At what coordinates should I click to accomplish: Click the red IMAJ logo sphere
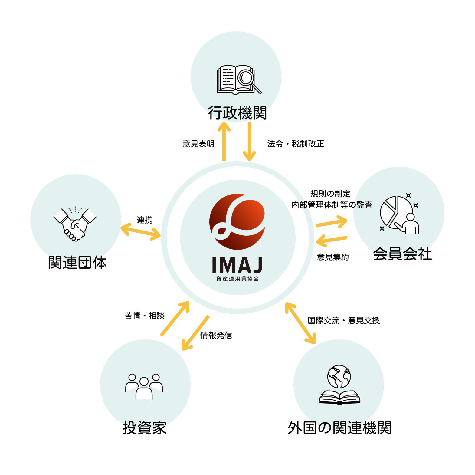tap(237, 221)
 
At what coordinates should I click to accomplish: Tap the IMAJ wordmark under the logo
tap(237, 265)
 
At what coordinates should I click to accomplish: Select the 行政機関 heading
tap(237, 113)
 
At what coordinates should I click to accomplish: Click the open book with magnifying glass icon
tap(238, 79)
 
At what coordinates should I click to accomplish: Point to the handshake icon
tap(75, 224)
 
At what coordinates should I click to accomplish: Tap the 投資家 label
tap(145, 428)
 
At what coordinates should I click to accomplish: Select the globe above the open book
tap(339, 376)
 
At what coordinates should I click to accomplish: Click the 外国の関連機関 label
tap(339, 428)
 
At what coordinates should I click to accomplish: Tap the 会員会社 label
tap(402, 254)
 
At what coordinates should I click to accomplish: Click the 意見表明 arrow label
tap(198, 144)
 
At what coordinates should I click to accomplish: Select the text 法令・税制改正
tap(296, 144)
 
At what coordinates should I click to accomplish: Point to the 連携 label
tap(144, 220)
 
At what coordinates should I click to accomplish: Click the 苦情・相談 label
tap(144, 316)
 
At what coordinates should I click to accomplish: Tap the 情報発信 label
tap(216, 335)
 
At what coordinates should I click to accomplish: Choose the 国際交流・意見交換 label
tap(344, 320)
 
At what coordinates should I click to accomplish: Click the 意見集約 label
tap(333, 257)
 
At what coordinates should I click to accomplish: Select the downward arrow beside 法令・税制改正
tap(249, 142)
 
